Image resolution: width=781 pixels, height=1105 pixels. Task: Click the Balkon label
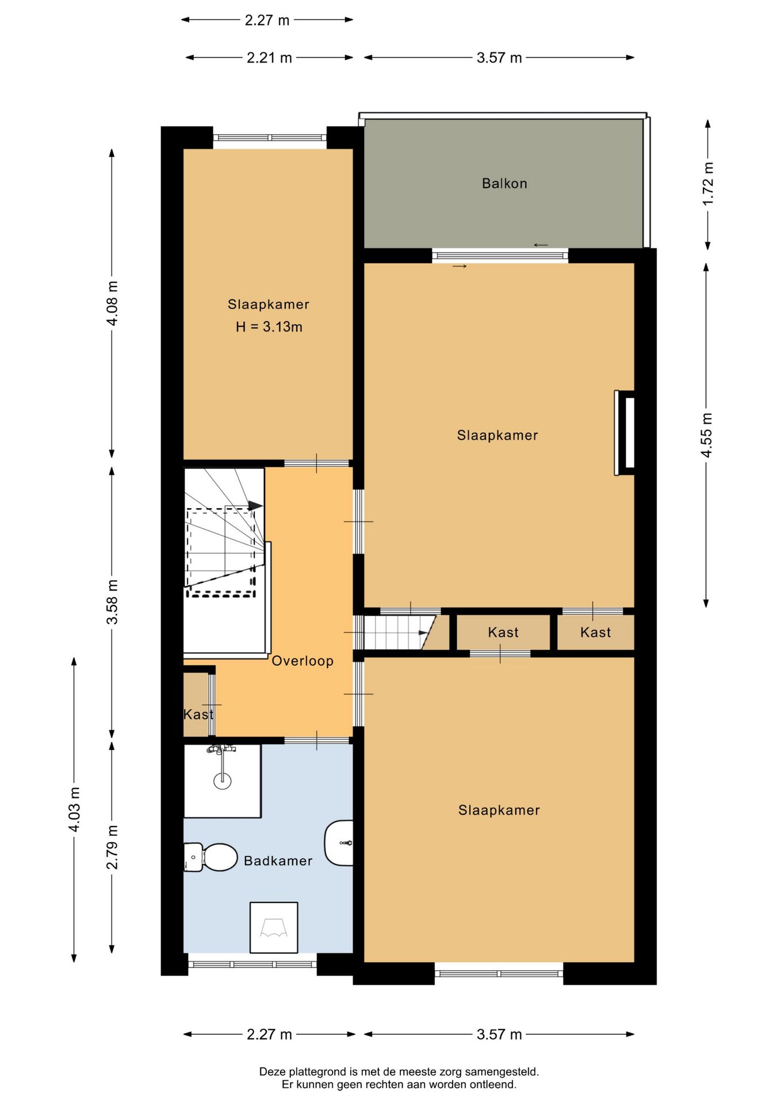(x=504, y=184)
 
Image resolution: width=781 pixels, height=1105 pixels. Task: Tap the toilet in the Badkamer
(x=210, y=858)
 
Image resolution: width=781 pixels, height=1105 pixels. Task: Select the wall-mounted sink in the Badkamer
(x=339, y=843)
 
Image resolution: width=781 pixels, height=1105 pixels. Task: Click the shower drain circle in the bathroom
(x=222, y=781)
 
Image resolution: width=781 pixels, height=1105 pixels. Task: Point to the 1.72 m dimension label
(x=707, y=183)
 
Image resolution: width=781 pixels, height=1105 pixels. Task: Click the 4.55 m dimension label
(x=707, y=435)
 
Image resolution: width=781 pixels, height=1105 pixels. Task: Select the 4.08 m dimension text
(x=112, y=303)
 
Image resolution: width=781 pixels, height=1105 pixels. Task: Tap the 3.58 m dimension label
(x=112, y=602)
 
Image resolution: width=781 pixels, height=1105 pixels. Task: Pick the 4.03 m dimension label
(x=74, y=809)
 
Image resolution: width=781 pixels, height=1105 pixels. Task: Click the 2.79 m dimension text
(x=112, y=847)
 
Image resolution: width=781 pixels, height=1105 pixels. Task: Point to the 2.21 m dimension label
(x=270, y=58)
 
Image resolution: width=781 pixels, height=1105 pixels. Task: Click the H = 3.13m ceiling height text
(x=269, y=327)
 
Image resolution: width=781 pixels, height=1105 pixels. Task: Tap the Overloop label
(x=303, y=661)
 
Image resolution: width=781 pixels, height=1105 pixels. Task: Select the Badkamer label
(x=278, y=861)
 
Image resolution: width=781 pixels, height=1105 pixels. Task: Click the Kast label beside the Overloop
(x=198, y=714)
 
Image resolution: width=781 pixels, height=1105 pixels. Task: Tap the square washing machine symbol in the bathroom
(x=274, y=927)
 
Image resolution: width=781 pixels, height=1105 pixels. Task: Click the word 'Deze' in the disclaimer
(x=272, y=1072)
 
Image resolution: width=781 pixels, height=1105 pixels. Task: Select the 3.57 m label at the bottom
(x=499, y=1035)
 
